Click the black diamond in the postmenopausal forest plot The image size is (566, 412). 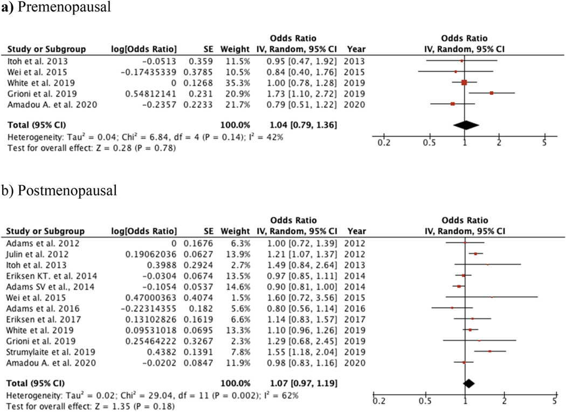[x=468, y=383]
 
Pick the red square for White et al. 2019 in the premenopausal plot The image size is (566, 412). [x=464, y=82]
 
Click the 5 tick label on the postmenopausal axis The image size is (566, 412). [x=554, y=401]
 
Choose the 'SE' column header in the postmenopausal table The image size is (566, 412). [x=208, y=233]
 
